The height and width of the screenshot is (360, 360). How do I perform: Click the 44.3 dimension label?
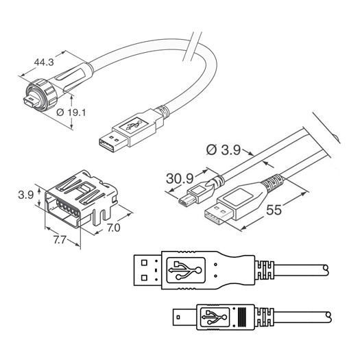(44, 62)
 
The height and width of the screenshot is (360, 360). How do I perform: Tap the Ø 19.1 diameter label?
(71, 112)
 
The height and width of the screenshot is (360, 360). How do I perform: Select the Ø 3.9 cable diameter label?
(223, 150)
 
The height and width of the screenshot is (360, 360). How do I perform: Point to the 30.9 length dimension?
(180, 178)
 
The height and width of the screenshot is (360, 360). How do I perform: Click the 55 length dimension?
(274, 210)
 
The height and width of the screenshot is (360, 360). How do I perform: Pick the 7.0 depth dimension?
(114, 228)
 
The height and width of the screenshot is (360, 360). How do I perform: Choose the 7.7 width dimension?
(60, 240)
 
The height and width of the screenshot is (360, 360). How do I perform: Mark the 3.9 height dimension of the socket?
(26, 195)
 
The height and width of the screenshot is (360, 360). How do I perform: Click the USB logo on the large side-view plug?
(186, 269)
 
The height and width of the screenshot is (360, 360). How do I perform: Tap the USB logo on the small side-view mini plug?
(215, 317)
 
